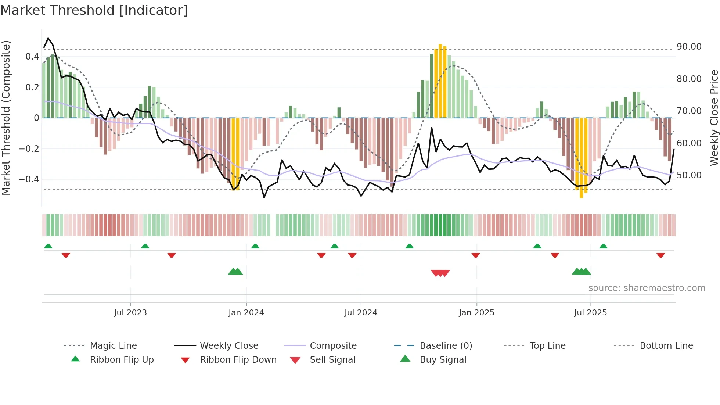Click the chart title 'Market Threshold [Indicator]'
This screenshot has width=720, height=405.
94,10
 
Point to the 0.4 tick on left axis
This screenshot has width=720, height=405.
32,57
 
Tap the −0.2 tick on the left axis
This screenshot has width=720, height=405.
29,149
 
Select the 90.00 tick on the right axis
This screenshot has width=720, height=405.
689,47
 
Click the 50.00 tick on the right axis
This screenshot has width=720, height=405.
689,175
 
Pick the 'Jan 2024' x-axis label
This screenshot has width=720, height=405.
246,313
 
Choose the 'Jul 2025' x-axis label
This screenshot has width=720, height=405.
591,313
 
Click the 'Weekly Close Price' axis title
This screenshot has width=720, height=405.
714,118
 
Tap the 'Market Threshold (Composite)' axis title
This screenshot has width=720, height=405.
6,118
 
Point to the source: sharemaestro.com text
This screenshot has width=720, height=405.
647,288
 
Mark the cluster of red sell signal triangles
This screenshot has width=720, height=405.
440,273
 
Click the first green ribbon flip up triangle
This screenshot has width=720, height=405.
48,246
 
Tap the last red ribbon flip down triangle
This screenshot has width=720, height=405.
660,255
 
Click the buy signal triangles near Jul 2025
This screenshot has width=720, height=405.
581,272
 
